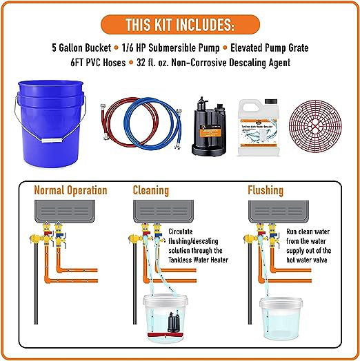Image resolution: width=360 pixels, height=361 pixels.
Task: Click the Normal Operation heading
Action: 71,189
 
